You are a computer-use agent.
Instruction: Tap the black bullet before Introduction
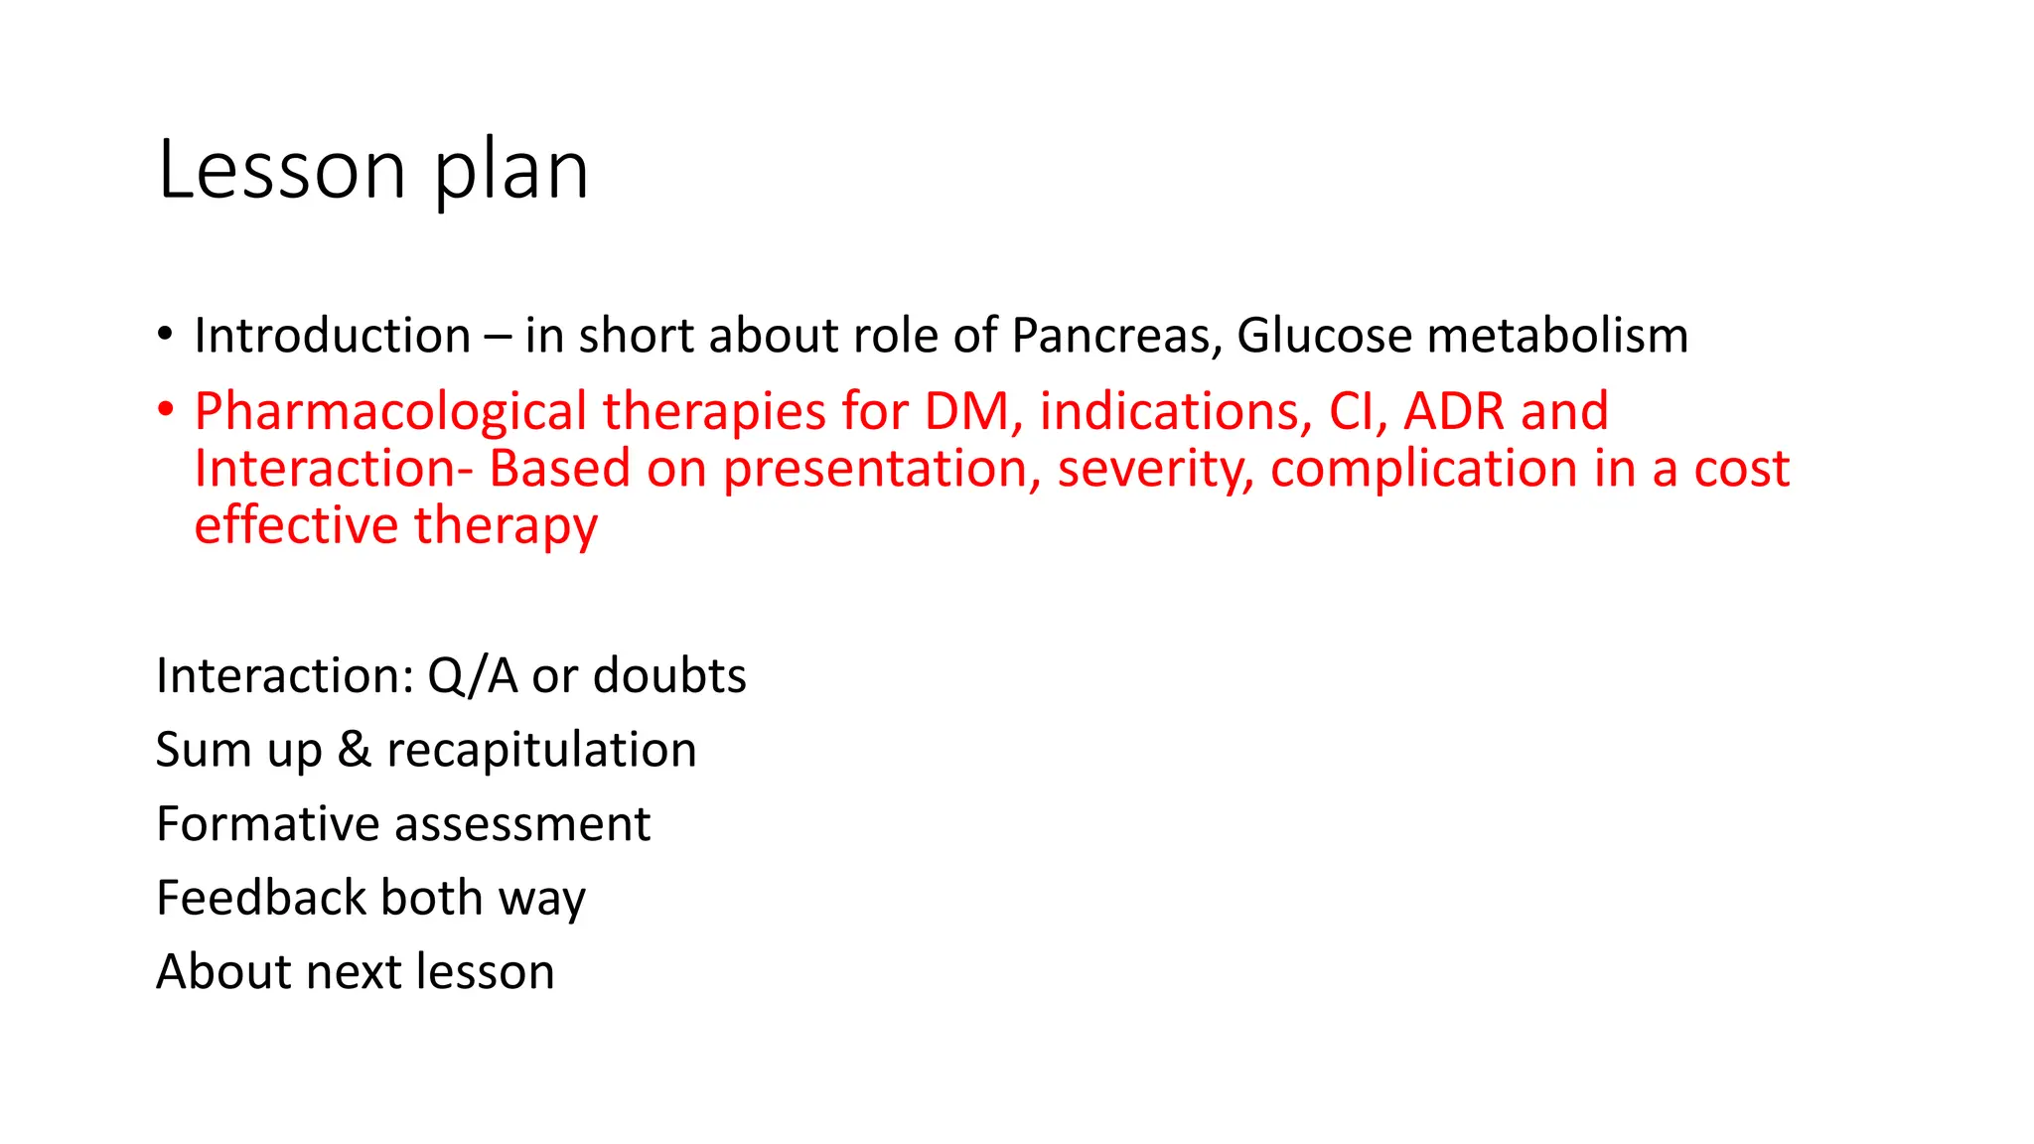click(165, 334)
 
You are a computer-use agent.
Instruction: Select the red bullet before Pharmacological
click(165, 409)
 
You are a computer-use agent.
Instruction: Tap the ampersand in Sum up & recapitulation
click(355, 750)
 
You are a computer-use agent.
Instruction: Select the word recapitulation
click(541, 751)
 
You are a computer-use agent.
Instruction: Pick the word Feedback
click(262, 898)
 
